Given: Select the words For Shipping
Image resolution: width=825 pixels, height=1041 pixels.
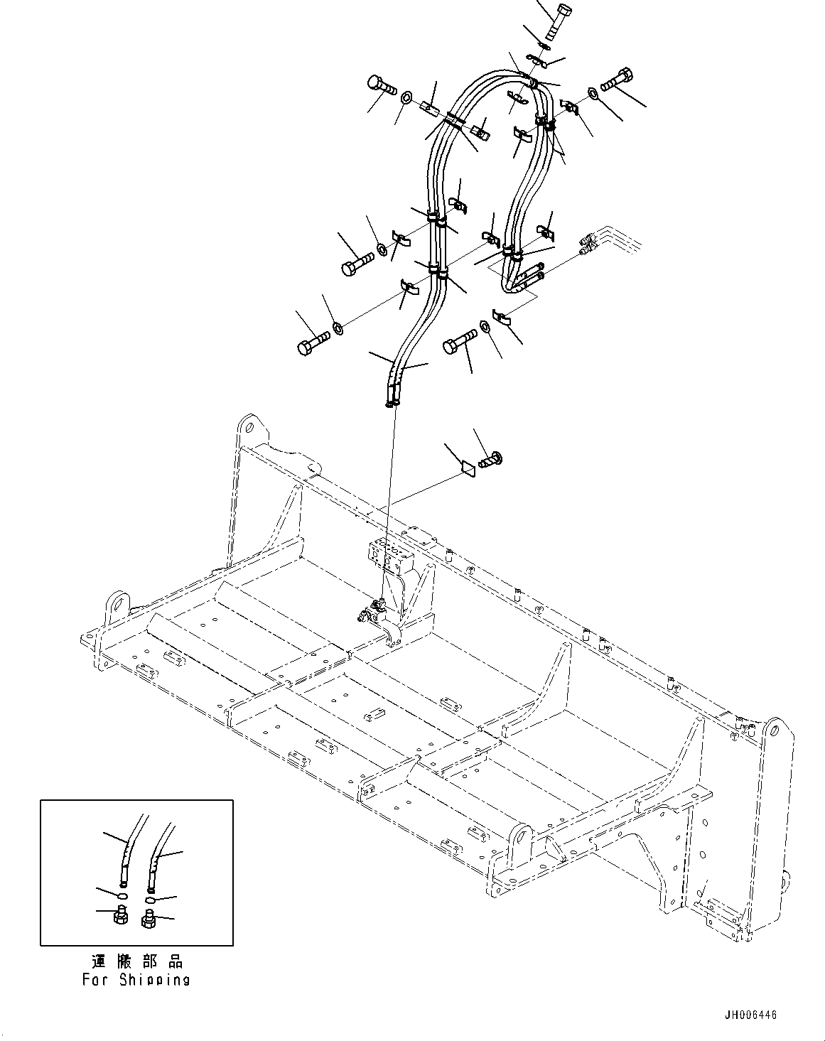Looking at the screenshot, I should (136, 980).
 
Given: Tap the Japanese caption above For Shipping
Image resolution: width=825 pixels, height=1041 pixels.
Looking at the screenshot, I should (136, 961).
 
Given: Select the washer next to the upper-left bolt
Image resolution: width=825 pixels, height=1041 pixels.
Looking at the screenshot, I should (406, 97).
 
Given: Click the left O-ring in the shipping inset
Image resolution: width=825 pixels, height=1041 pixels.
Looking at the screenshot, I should (122, 892).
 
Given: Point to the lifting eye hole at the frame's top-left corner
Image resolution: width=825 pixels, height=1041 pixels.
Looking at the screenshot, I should (247, 428).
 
